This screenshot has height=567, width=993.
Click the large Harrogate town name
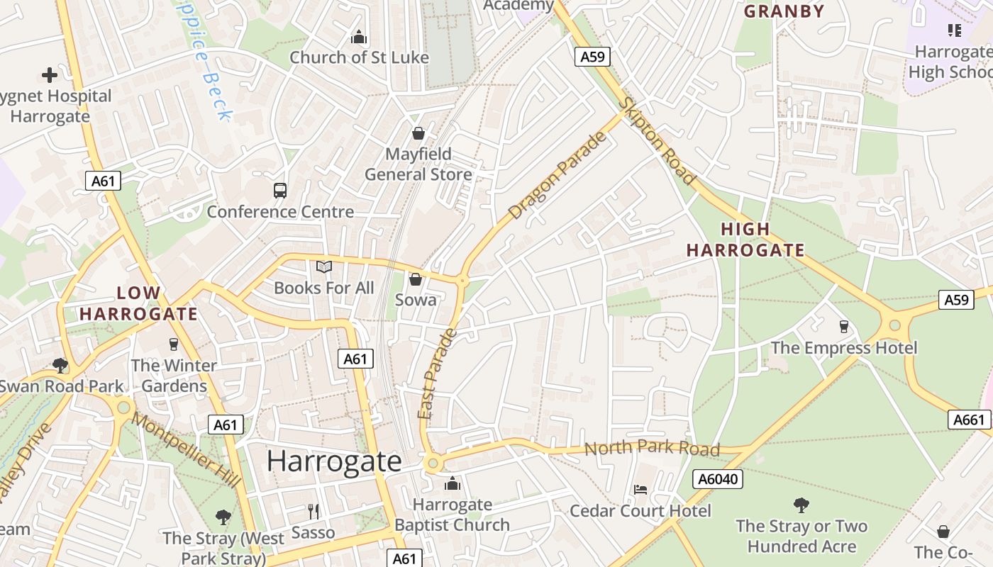pos(334,461)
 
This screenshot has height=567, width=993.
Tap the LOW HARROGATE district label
pos(138,303)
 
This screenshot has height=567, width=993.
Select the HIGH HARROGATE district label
pos(745,240)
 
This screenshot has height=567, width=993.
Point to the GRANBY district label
pos(784,11)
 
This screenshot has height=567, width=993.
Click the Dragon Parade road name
pos(558,175)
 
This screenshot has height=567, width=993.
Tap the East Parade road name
pos(436,373)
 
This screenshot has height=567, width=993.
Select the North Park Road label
pos(652,448)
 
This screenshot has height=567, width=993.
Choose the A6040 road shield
pos(719,479)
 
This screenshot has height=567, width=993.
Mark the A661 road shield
pos(969,420)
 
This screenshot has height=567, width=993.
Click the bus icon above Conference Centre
pos(280,190)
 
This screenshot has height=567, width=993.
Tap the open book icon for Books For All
pos(324,266)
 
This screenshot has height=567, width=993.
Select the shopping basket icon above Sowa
pos(416,279)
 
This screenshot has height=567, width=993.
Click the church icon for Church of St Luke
pos(359,36)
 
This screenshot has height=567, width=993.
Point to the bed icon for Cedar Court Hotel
pos(640,489)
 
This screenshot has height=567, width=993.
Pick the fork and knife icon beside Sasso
pos(314,511)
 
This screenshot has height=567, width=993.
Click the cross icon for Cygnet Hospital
pos(50,74)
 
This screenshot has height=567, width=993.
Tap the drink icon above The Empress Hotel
pos(843,326)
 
